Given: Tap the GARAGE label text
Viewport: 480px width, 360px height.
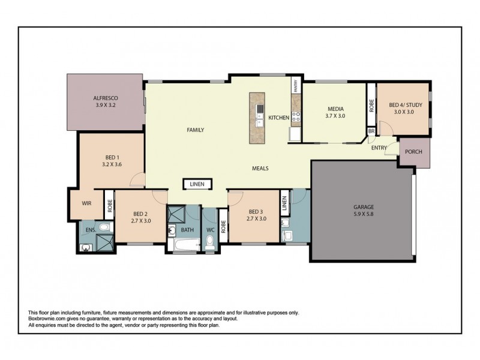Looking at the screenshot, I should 363,207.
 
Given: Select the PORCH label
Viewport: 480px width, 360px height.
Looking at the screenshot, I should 413,152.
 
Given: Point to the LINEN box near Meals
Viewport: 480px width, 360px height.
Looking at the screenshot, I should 197,185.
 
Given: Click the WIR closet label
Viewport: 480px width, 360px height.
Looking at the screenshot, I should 86,203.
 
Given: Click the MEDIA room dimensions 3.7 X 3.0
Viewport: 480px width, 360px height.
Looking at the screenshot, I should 335,116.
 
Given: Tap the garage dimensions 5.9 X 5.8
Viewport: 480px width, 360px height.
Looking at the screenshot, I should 363,215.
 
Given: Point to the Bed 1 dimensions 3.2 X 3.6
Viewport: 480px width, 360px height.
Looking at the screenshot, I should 112,164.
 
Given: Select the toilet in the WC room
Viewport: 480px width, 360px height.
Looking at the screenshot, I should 210,242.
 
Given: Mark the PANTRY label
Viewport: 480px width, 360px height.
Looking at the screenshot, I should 296,86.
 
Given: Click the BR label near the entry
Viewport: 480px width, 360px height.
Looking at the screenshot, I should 371,131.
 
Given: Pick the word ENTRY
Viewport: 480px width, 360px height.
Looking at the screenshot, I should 379,148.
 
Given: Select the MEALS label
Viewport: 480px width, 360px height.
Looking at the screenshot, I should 260,169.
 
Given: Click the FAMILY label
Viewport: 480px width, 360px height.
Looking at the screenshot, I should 196,130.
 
